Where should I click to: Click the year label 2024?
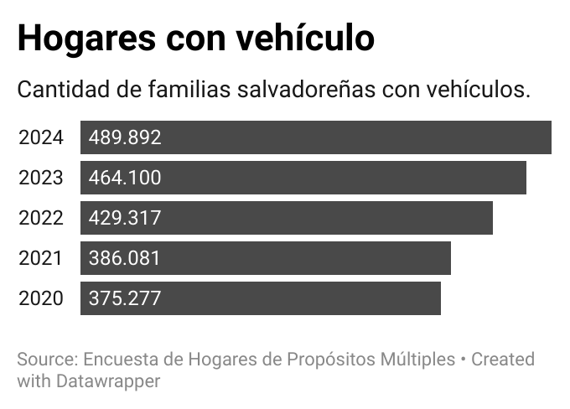coord(40,137)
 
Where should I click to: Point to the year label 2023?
coord(40,178)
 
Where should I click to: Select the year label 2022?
coord(40,218)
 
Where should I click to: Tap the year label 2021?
coord(40,258)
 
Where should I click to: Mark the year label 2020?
coord(40,298)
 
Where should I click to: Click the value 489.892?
coord(125,137)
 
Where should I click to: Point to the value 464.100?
coord(125,178)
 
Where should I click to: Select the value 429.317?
coord(125,218)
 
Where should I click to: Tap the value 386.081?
coord(125,258)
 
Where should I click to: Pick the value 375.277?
coord(125,298)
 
